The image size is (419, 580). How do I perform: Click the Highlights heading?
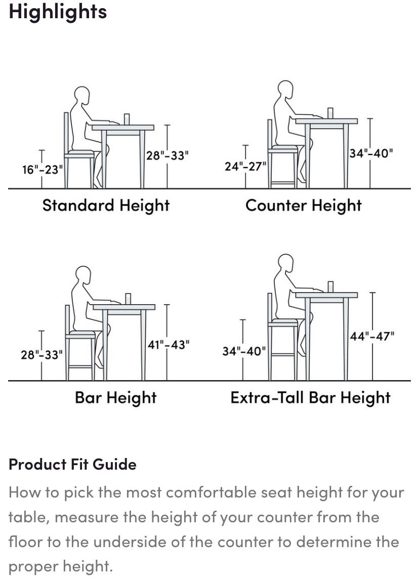click(58, 12)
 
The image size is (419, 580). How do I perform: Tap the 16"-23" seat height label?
click(43, 170)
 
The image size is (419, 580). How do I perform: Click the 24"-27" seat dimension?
click(245, 167)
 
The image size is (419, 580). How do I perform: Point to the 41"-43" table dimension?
click(169, 345)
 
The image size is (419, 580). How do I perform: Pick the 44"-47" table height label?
click(372, 336)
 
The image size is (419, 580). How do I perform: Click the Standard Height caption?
click(106, 205)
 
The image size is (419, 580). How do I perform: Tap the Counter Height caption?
click(304, 205)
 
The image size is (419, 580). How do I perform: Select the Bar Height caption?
click(116, 398)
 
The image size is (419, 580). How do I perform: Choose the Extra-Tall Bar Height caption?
click(311, 398)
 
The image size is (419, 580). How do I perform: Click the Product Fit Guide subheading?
click(72, 464)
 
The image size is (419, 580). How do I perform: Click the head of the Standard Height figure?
click(82, 96)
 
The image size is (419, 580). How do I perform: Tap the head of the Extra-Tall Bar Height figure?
click(285, 263)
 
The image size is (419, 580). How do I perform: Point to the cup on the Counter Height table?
click(330, 113)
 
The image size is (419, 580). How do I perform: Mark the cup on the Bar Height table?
click(128, 299)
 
